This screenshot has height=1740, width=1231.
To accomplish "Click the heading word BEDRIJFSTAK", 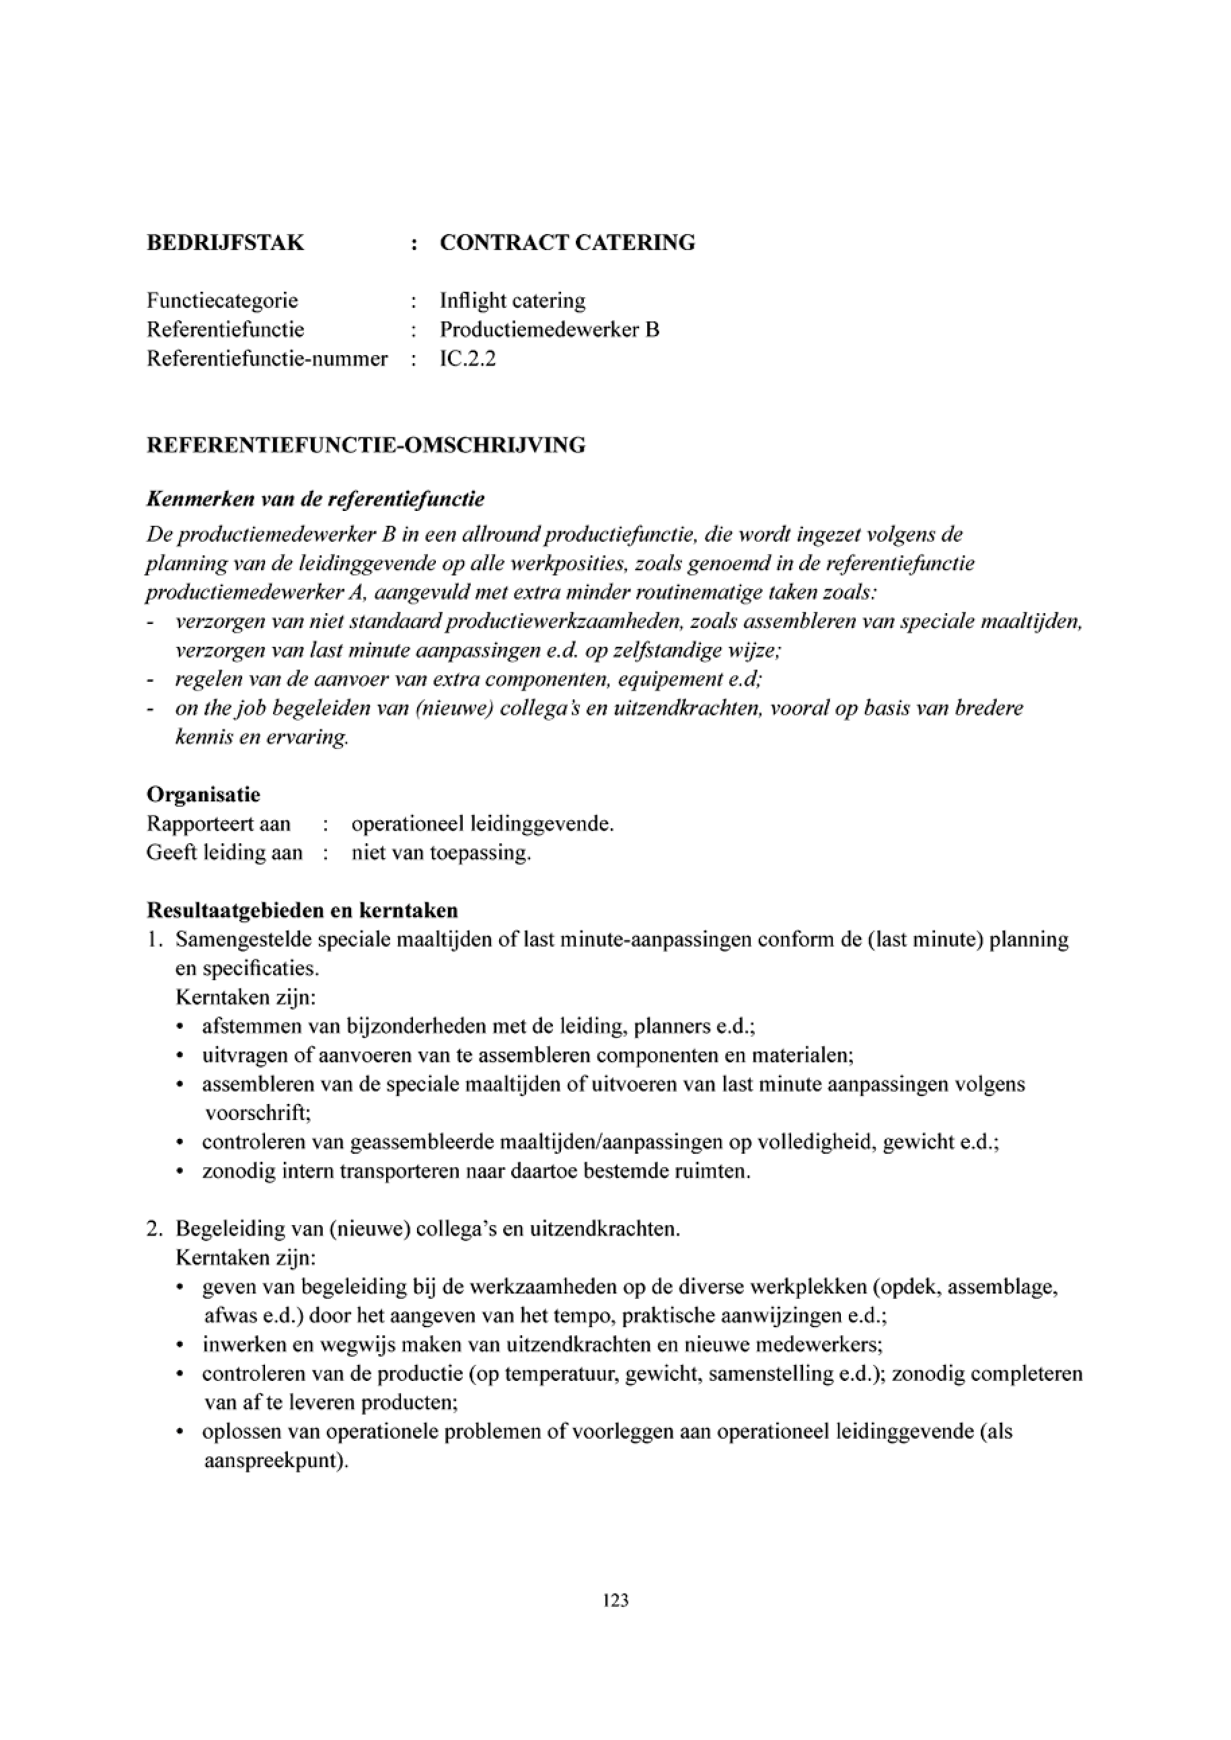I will point(225,243).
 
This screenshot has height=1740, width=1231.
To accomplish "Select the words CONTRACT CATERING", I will point(567,243).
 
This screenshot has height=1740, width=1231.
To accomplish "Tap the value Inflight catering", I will point(513,301).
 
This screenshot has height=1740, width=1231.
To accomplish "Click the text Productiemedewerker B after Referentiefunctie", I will point(550,329).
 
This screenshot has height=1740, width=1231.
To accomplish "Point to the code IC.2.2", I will point(468,358).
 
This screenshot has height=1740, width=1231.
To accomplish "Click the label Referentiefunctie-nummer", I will point(267,358).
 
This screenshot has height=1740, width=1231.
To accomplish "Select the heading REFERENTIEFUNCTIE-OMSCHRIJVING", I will point(366,445).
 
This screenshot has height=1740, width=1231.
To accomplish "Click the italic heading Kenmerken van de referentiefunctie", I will point(315,500).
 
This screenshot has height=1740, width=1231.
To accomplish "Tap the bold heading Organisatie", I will point(203,795).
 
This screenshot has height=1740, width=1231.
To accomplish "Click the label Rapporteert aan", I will point(219,824).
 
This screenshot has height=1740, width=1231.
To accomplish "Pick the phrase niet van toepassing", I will point(441,853).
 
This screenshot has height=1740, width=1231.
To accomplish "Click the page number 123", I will point(615,1601).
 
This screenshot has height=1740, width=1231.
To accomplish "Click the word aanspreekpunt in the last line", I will point(276,1460).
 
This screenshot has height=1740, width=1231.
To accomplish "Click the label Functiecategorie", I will point(222,301).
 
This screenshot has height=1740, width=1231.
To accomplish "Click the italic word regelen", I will point(202,680).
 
